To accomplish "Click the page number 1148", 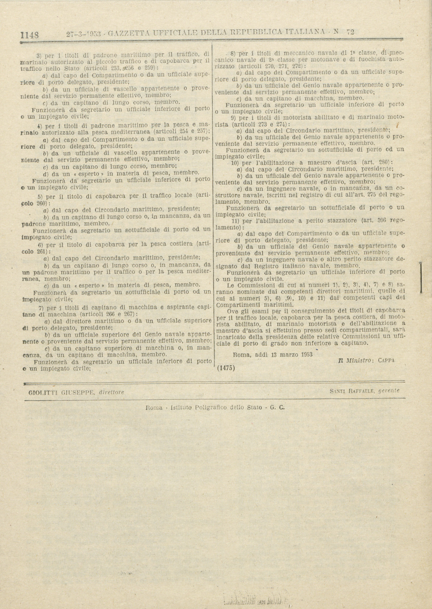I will (30, 35).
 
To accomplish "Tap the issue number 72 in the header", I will (350, 32).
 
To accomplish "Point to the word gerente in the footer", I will (389, 391).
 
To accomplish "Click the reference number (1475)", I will (226, 368).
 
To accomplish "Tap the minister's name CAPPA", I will (386, 360).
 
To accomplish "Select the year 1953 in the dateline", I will (307, 354).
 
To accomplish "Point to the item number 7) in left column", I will (41, 307).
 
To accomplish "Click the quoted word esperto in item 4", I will (89, 173).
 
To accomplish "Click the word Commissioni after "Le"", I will (257, 285).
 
